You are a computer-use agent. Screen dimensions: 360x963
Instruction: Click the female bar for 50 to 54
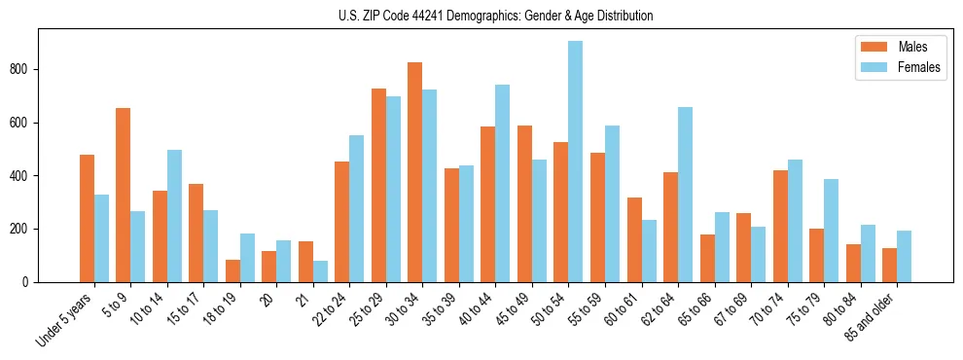point(576,162)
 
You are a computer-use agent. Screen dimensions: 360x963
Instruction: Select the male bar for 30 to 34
point(414,172)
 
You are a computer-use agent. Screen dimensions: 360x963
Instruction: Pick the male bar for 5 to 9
point(123,195)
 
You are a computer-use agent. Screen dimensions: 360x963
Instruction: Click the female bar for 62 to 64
point(685,195)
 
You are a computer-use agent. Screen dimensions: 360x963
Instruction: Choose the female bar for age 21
point(320,271)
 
